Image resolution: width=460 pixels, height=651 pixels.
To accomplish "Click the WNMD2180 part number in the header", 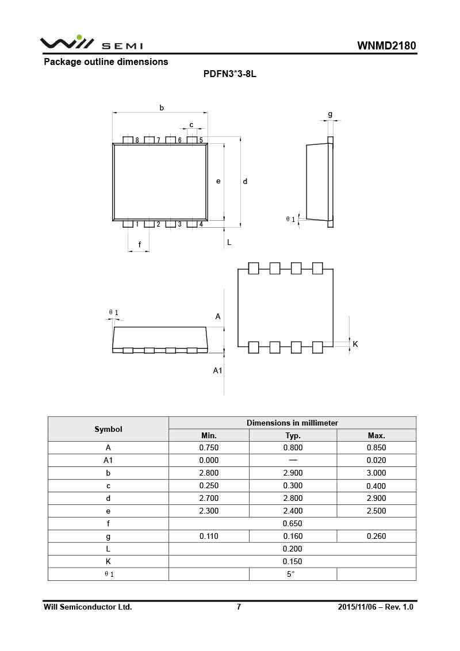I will (x=386, y=46).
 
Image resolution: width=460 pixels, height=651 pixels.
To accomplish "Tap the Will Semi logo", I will (x=91, y=43).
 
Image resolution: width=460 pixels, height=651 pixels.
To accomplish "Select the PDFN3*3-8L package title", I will (x=229, y=75).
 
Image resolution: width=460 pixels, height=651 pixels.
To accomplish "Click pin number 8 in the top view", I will (x=137, y=140).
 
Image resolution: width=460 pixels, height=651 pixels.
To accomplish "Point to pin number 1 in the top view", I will (x=137, y=224).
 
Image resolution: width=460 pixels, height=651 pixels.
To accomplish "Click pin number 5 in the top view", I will (x=201, y=140).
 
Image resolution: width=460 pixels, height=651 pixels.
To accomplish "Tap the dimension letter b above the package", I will (x=162, y=108).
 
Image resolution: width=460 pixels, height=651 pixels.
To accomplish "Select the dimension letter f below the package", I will (x=140, y=245).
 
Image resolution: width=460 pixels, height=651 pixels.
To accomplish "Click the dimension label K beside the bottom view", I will (x=355, y=344).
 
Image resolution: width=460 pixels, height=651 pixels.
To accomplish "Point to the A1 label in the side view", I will (x=217, y=370).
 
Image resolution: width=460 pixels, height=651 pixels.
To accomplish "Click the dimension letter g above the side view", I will (x=330, y=114).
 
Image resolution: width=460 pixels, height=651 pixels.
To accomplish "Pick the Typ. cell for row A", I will (x=293, y=447).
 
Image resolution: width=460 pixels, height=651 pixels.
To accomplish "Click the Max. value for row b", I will (x=376, y=473).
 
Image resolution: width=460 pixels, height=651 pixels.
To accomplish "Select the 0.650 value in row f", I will (x=292, y=523).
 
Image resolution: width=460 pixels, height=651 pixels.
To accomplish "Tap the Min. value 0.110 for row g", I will (x=209, y=536).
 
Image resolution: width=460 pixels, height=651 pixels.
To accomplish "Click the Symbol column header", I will (x=108, y=429).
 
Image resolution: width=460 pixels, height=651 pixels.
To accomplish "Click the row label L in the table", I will (x=108, y=549).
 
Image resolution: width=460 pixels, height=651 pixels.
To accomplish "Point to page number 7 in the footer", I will (x=239, y=607).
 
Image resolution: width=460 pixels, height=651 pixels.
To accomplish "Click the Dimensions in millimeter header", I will (x=292, y=423).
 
